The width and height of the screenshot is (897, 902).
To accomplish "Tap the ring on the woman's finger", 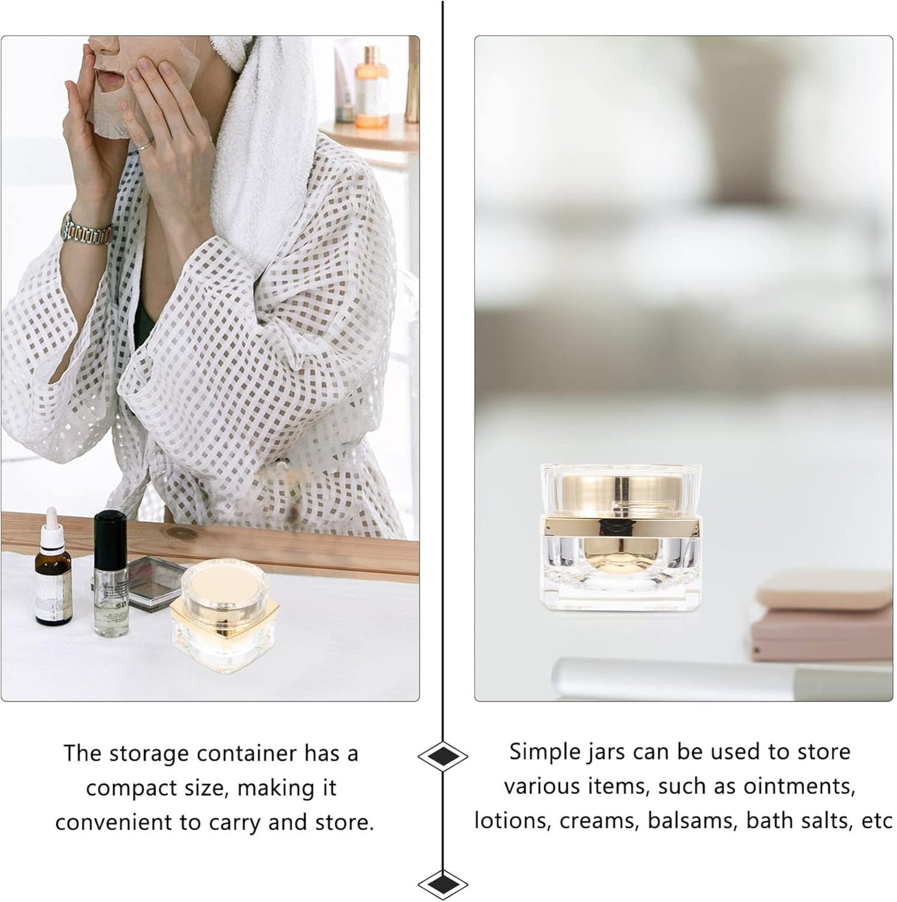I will (143, 145).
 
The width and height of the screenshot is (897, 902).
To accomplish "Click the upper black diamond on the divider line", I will (443, 756).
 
